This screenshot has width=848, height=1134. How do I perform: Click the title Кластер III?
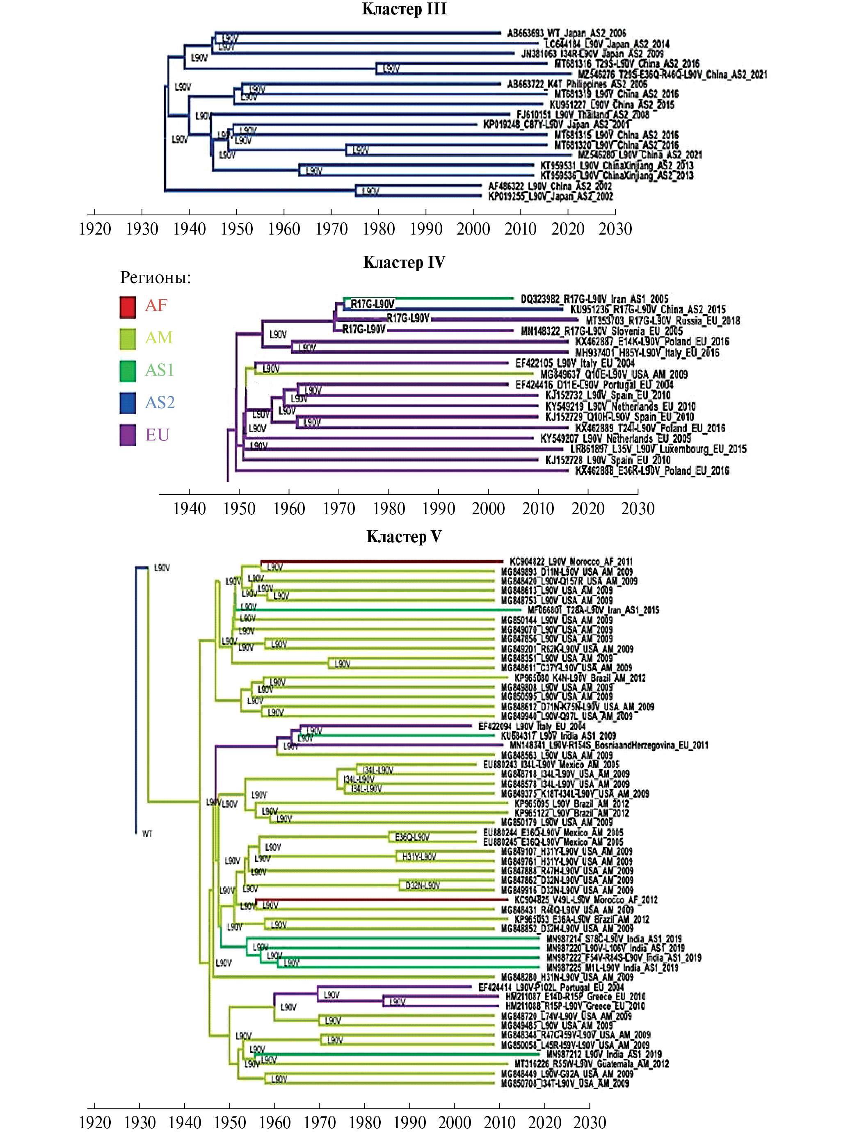coord(404,9)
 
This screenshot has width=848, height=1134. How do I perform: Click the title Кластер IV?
coord(404,262)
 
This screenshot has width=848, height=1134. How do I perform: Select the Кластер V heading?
coord(404,536)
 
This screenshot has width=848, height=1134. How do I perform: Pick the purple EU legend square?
coord(128,435)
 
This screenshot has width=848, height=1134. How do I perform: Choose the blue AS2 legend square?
coord(128,402)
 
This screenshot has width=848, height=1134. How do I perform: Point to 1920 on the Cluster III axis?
coord(95,229)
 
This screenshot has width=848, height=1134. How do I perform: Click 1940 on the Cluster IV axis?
coord(189,509)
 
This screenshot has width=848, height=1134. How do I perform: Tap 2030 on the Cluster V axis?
coord(590,1122)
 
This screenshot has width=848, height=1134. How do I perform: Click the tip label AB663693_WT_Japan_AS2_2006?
coord(566,33)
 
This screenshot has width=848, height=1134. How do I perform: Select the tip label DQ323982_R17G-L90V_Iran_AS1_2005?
coord(594,299)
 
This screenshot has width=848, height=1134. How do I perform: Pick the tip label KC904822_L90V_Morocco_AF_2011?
coord(571,561)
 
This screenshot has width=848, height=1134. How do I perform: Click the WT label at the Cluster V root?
coord(147,834)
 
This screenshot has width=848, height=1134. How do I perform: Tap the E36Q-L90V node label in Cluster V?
coord(412,837)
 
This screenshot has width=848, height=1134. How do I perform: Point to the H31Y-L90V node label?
coord(419,857)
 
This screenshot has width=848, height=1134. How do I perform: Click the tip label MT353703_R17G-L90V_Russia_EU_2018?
coord(663,320)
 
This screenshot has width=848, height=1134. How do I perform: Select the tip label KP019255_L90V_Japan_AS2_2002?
coord(551,196)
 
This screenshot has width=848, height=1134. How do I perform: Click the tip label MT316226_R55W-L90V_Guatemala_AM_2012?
coord(591,1064)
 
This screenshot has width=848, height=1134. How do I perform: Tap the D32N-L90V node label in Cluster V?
coord(422,885)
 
